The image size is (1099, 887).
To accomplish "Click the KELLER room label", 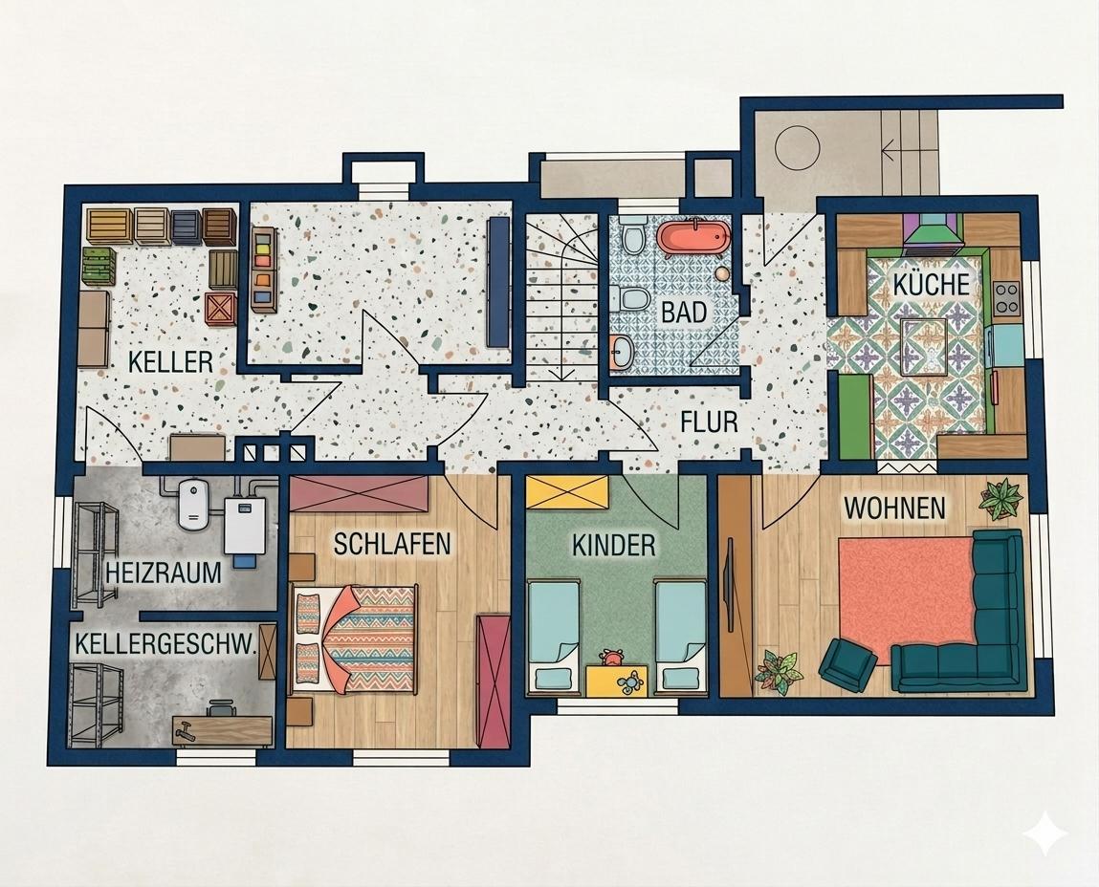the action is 170,361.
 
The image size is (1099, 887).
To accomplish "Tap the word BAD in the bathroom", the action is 684,312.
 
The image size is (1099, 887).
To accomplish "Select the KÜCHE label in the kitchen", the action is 931,285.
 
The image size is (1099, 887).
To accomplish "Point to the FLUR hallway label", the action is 710,422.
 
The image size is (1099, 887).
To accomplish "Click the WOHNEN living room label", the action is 894,508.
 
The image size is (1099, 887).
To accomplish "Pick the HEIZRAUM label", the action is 164,573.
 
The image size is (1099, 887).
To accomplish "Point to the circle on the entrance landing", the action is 798,147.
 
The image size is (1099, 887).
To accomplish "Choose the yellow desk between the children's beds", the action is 615,681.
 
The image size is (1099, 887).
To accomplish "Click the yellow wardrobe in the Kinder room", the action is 567,491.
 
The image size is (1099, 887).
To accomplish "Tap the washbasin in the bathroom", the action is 622,351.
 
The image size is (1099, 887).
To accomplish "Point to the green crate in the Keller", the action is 99,267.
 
